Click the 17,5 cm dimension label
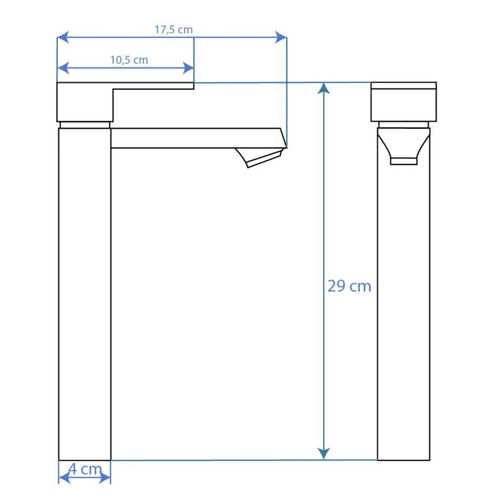tap(174, 29)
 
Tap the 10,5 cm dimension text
tap(129, 60)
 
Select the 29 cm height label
tap(349, 286)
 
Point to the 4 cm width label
tap(85, 469)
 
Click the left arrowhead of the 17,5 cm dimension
tap(63, 37)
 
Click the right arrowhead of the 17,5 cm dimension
tap(281, 37)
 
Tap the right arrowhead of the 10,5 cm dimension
tap(188, 68)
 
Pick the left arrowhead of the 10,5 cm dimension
tap(63, 68)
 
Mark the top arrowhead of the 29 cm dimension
tap(324, 88)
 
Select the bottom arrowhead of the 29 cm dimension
tap(324, 454)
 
